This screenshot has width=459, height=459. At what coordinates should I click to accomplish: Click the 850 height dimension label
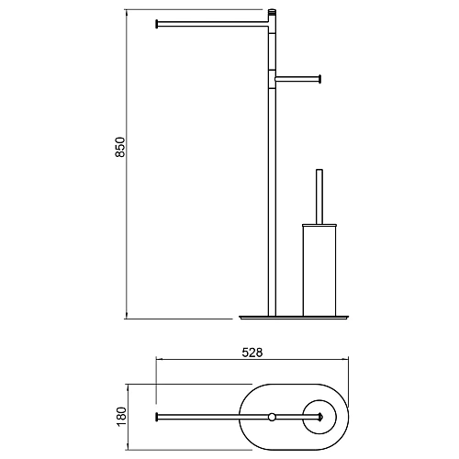tap(120, 147)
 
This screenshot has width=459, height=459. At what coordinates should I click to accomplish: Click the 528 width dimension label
tap(252, 353)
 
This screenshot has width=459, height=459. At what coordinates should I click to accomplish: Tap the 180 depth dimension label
tap(121, 417)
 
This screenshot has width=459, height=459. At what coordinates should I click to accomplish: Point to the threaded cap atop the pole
tap(272, 13)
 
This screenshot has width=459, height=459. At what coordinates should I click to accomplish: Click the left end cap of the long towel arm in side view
tap(157, 24)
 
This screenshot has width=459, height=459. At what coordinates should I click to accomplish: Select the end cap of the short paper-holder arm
tap(319, 79)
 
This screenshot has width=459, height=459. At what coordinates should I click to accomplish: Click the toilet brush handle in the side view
tap(319, 196)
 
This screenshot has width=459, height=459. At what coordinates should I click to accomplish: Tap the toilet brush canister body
tap(319, 271)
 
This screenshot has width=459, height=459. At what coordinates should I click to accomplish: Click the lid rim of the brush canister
tap(319, 226)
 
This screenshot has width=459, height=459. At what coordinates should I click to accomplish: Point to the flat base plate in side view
tap(294, 318)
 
